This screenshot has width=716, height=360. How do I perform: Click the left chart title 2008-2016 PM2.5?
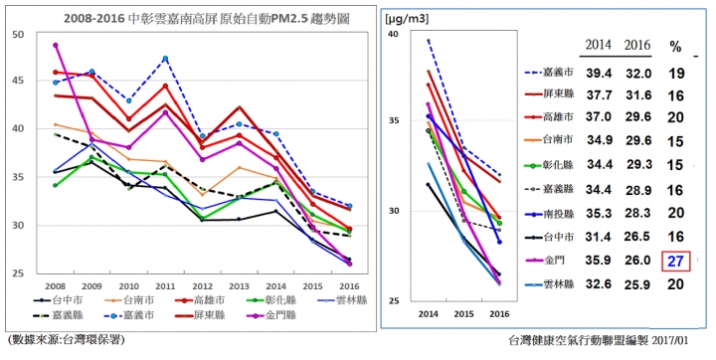tap(207, 18)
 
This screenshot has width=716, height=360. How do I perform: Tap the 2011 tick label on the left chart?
tap(165, 286)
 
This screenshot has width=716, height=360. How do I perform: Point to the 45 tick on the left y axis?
tap(22, 82)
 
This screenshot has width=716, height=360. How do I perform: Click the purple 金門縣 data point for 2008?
tap(56, 45)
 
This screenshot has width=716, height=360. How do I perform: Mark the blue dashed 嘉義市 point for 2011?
tap(165, 59)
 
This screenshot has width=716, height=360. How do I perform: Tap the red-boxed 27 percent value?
tap(675, 262)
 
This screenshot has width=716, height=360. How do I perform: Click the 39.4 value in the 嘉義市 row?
tap(599, 74)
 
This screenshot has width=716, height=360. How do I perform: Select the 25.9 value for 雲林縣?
tap(637, 284)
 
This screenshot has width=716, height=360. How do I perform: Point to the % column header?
tap(675, 47)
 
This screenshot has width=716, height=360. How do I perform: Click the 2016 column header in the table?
tap(637, 45)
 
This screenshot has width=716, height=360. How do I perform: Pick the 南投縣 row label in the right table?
tap(558, 214)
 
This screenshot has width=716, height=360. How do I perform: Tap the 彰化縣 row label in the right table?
tap(558, 165)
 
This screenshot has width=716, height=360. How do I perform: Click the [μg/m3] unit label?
tap(407, 19)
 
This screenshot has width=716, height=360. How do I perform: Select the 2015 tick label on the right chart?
tap(463, 314)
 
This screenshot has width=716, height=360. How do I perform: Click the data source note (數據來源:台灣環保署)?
tap(67, 339)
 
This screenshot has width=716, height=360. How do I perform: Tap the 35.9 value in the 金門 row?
tap(599, 261)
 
